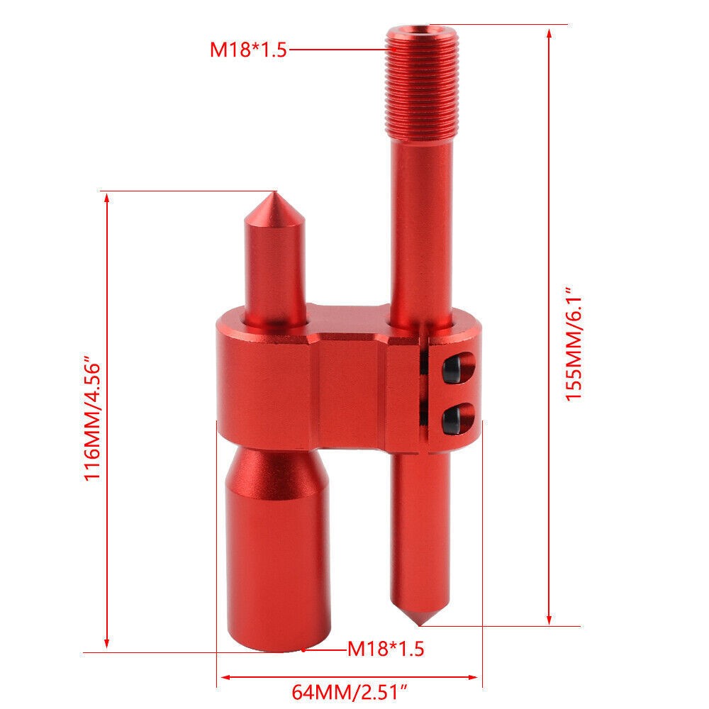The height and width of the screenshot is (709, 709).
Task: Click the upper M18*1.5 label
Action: (x=248, y=50)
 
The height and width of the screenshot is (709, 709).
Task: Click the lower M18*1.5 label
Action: (x=386, y=649)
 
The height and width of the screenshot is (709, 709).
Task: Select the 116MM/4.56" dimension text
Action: (x=92, y=420)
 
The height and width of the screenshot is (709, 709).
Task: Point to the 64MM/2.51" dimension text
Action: (x=349, y=692)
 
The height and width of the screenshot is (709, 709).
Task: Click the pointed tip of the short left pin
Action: (x=273, y=193)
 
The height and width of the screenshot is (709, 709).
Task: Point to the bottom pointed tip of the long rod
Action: (x=420, y=625)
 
